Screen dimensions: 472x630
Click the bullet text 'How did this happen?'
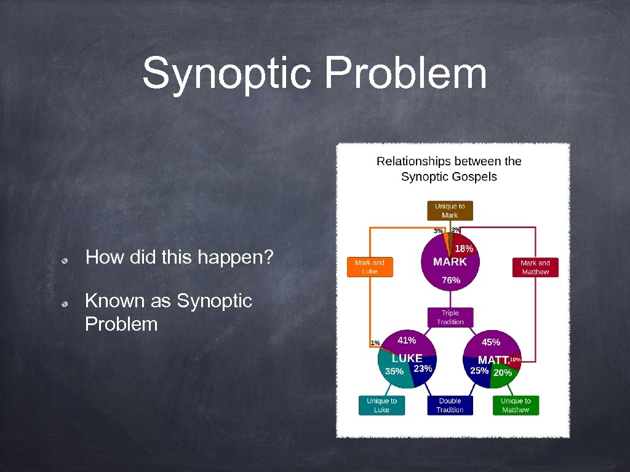(x=179, y=257)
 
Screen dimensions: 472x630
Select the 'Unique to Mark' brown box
(x=450, y=211)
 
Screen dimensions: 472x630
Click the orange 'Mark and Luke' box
(x=370, y=267)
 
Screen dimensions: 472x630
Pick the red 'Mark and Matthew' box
(x=535, y=267)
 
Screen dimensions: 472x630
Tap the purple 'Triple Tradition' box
(x=450, y=317)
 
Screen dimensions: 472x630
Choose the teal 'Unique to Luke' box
(x=381, y=405)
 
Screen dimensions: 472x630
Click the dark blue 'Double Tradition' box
(x=450, y=405)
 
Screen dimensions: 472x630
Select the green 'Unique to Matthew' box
(x=516, y=405)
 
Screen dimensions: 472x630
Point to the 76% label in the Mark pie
(x=450, y=280)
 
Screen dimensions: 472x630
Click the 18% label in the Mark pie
(x=464, y=249)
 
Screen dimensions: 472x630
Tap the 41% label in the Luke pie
(x=407, y=340)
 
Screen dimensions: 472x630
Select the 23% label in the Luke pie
(x=423, y=369)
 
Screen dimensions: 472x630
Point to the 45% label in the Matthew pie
(x=491, y=342)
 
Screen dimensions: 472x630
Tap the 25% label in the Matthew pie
(x=479, y=371)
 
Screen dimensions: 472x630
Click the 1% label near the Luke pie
(x=375, y=342)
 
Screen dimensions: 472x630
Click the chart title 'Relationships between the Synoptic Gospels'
(x=449, y=169)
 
